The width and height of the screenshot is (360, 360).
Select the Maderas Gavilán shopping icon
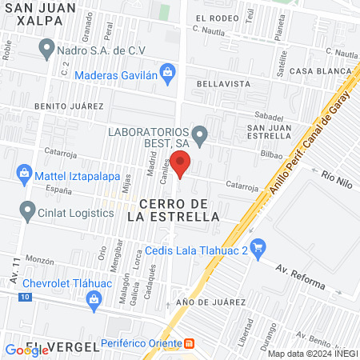point(168,74)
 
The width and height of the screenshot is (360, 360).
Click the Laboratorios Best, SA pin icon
point(200,133)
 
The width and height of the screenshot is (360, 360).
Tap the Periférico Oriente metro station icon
point(189,343)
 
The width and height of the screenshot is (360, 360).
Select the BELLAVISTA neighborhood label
point(218,82)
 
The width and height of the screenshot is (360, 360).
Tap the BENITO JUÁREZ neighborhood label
point(69,106)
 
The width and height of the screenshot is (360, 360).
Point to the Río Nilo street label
point(337,174)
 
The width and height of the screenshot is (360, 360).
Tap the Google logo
point(26,350)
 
